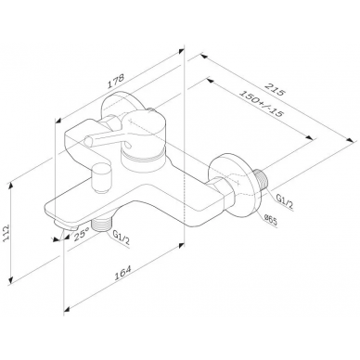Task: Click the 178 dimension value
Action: (116, 82)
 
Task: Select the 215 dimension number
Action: (274, 88)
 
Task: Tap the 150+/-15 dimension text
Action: (262, 104)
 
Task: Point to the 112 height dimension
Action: (6, 235)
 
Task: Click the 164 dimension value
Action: (122, 273)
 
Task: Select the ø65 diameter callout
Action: (270, 221)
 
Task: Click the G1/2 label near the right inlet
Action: (284, 199)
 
